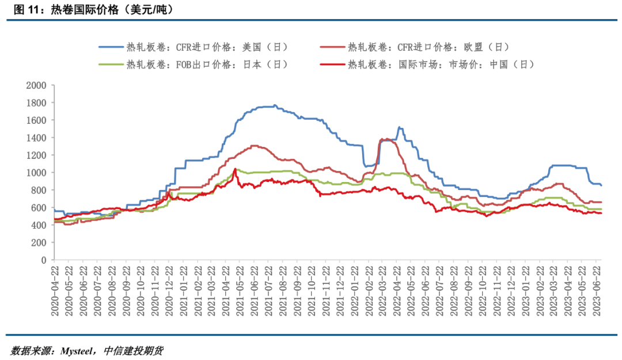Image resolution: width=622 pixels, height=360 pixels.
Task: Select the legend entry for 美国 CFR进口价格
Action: point(207,47)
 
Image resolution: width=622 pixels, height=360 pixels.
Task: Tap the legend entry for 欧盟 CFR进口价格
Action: point(428,47)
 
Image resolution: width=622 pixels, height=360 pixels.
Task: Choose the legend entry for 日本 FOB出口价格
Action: point(207,65)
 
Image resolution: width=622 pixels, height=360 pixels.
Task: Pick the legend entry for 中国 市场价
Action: point(441,65)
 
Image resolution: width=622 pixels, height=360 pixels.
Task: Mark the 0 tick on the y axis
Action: point(44,260)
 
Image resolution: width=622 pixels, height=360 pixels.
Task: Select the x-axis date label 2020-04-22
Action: point(54,291)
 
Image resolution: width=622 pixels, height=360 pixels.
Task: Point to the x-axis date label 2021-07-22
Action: point(268,291)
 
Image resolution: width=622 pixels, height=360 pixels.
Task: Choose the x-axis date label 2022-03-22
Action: point(383,291)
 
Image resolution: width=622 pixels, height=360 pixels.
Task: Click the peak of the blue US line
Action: point(275,105)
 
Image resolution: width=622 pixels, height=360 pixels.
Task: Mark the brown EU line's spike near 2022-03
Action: point(382,139)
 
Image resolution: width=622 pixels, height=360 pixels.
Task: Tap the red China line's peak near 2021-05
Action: point(234,169)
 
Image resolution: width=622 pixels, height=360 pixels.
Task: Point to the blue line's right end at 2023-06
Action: point(601,185)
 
